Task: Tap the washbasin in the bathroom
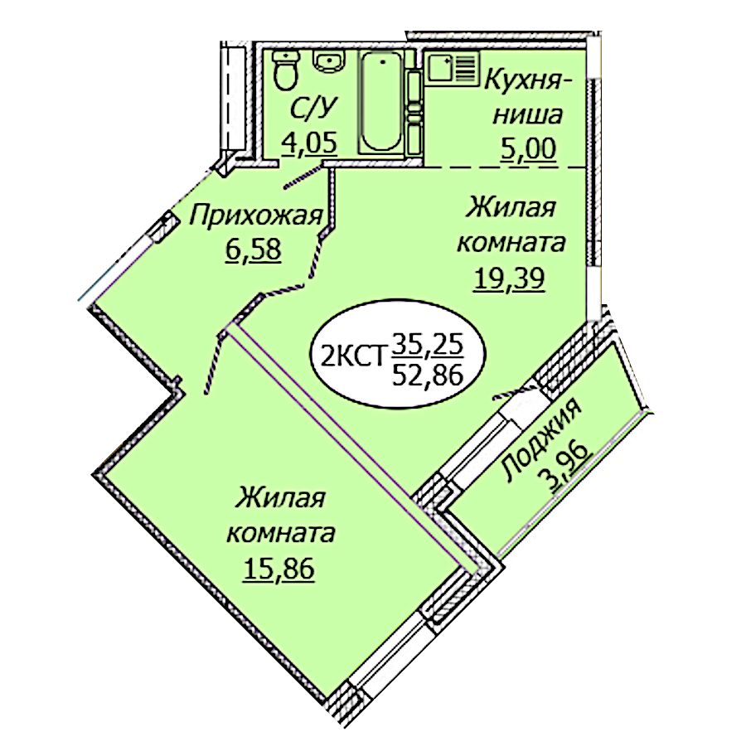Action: tap(327, 62)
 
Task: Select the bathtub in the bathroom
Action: tap(381, 102)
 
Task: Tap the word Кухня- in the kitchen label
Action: tap(527, 82)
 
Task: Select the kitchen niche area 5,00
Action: tap(528, 148)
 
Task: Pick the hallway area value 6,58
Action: tap(254, 249)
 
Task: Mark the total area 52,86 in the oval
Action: tap(427, 375)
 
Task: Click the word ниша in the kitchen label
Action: tap(527, 114)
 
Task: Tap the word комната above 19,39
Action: tap(511, 243)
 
